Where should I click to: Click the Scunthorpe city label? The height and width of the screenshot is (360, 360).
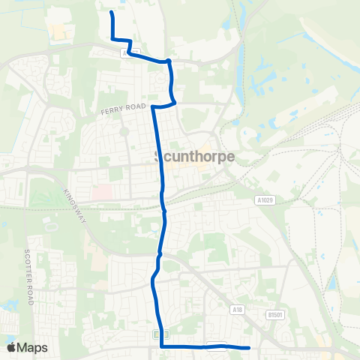[193, 157]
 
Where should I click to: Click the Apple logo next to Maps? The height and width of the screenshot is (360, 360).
[11, 348]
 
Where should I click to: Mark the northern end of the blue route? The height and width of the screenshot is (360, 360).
[112, 13]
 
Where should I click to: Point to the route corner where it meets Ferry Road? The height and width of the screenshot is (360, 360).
[153, 107]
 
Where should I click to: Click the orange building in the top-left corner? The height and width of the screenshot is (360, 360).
[57, 32]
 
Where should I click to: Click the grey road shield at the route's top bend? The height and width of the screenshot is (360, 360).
[124, 52]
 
